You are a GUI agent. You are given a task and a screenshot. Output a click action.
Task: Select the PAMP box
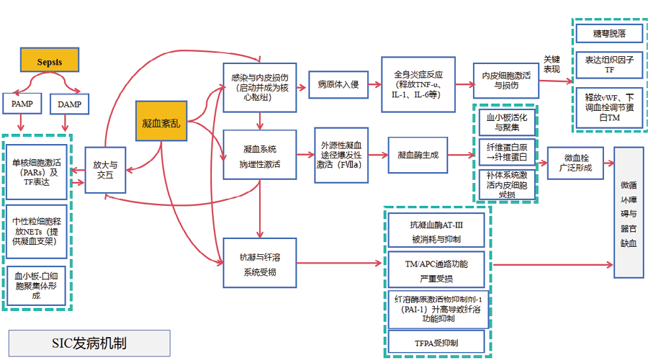[x=21, y=104]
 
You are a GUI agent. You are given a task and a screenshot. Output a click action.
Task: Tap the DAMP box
[x=70, y=104]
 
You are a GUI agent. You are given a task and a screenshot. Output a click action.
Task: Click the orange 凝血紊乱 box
[x=162, y=123]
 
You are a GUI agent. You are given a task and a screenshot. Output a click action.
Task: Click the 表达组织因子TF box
[x=609, y=66]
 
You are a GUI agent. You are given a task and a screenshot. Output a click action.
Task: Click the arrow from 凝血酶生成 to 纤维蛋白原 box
[x=463, y=154]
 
